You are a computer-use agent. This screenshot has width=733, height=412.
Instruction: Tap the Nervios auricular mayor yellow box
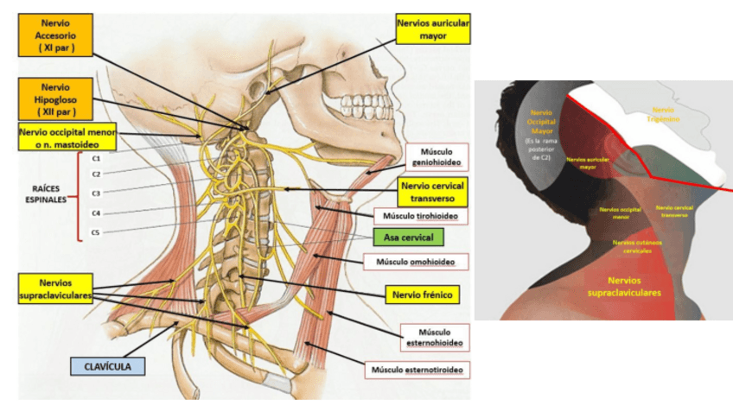[x=431, y=31]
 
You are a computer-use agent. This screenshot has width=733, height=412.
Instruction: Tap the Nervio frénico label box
[x=422, y=294]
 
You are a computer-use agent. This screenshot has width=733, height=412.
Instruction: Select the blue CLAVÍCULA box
[x=107, y=365]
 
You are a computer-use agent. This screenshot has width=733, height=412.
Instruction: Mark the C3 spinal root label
[x=97, y=193]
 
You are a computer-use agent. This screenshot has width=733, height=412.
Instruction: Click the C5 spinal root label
[x=97, y=232]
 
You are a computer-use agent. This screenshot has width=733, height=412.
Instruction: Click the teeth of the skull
[x=355, y=105]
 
